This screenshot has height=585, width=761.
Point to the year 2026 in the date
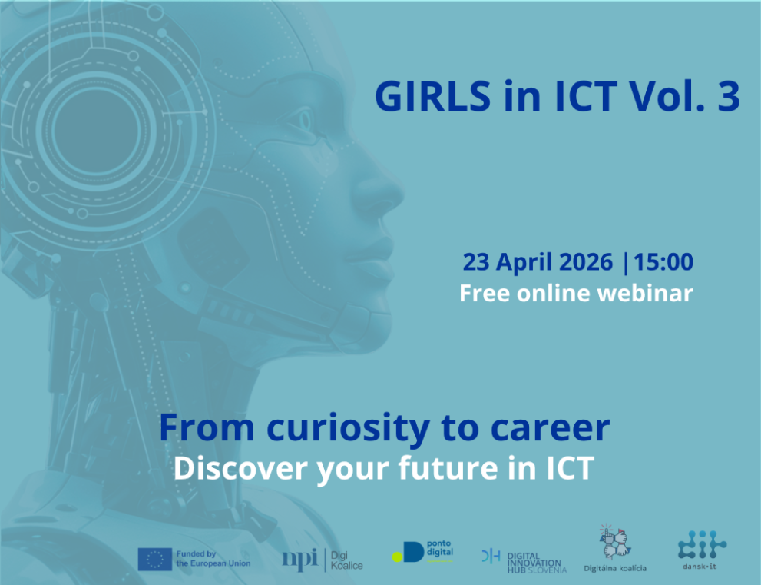click(x=585, y=262)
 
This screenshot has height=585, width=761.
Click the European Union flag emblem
click(x=154, y=559)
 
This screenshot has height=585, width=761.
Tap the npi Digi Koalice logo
click(x=323, y=560)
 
